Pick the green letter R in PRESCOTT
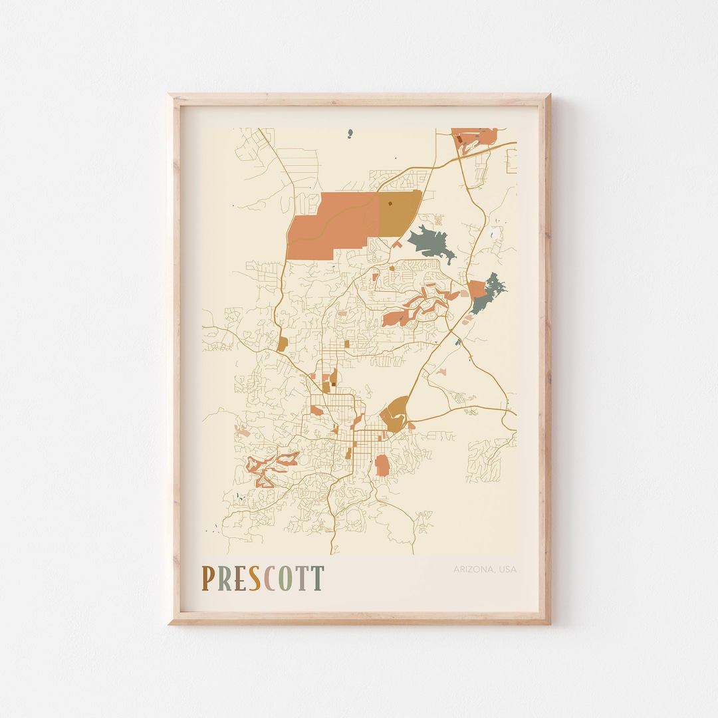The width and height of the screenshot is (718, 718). (223, 578)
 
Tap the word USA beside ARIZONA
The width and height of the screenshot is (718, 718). (507, 569)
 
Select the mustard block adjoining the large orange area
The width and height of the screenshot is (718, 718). (399, 213)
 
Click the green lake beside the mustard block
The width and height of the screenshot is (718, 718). (431, 243)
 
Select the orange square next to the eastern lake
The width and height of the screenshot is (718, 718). (476, 289)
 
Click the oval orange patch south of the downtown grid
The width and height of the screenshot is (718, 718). (382, 465)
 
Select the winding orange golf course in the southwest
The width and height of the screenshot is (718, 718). (273, 467)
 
